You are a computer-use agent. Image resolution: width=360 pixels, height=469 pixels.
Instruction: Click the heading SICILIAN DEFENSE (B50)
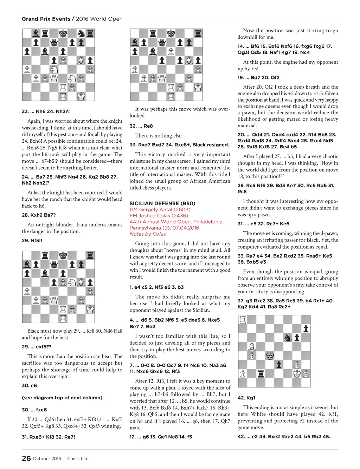click(162, 203)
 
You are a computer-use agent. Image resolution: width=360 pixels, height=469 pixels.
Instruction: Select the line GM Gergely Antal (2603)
click(160, 210)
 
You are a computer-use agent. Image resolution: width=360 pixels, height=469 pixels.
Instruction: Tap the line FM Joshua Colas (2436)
click(159, 216)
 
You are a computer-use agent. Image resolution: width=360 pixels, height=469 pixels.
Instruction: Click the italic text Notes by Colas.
click(148, 234)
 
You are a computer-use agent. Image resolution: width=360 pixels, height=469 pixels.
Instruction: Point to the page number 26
click(26, 458)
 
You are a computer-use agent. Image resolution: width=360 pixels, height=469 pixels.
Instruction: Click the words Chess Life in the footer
click(78, 458)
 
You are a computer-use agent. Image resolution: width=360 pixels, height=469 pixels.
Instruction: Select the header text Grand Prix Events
click(46, 19)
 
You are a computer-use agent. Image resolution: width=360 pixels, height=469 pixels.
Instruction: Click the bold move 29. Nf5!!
click(32, 240)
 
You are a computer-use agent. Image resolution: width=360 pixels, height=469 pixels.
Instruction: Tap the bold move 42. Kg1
click(246, 398)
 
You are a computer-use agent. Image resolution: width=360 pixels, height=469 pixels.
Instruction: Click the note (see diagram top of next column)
click(62, 398)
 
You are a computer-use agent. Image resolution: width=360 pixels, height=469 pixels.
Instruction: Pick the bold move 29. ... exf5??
click(37, 347)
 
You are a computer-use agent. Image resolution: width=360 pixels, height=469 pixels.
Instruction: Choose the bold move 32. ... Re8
click(141, 126)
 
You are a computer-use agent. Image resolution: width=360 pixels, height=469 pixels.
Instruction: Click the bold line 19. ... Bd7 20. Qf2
click(258, 77)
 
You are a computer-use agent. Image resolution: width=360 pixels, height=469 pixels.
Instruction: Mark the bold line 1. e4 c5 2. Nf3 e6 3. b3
click(156, 287)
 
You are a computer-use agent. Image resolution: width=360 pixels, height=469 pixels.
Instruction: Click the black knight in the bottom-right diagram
click(288, 338)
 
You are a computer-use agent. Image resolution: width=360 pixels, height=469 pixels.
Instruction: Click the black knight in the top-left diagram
click(81, 33)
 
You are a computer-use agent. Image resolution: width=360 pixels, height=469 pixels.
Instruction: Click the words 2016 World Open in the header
click(99, 19)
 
